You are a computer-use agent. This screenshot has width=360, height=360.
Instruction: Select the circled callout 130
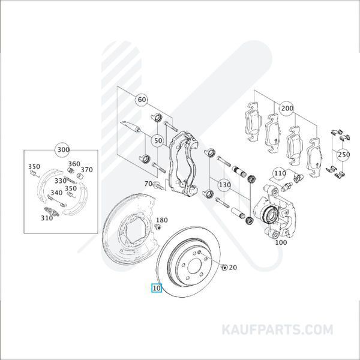(224, 184)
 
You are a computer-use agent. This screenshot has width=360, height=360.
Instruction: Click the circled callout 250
(343, 154)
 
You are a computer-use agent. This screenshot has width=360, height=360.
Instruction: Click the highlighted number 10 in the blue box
(157, 288)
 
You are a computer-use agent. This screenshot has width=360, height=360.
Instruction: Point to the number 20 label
(233, 267)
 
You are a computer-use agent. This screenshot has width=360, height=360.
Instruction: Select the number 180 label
(162, 221)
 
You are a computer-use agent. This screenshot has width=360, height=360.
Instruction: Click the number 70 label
(148, 184)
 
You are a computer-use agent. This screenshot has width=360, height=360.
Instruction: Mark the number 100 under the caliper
(280, 243)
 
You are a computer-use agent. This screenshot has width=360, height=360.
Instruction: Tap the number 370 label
(87, 170)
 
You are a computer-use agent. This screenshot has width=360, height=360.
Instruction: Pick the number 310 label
(47, 218)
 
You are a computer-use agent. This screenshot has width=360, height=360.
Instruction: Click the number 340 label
(56, 193)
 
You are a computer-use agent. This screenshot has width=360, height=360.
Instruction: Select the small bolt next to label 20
(224, 267)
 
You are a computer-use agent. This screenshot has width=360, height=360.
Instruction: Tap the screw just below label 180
(158, 228)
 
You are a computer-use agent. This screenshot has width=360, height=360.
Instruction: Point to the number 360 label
(74, 164)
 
